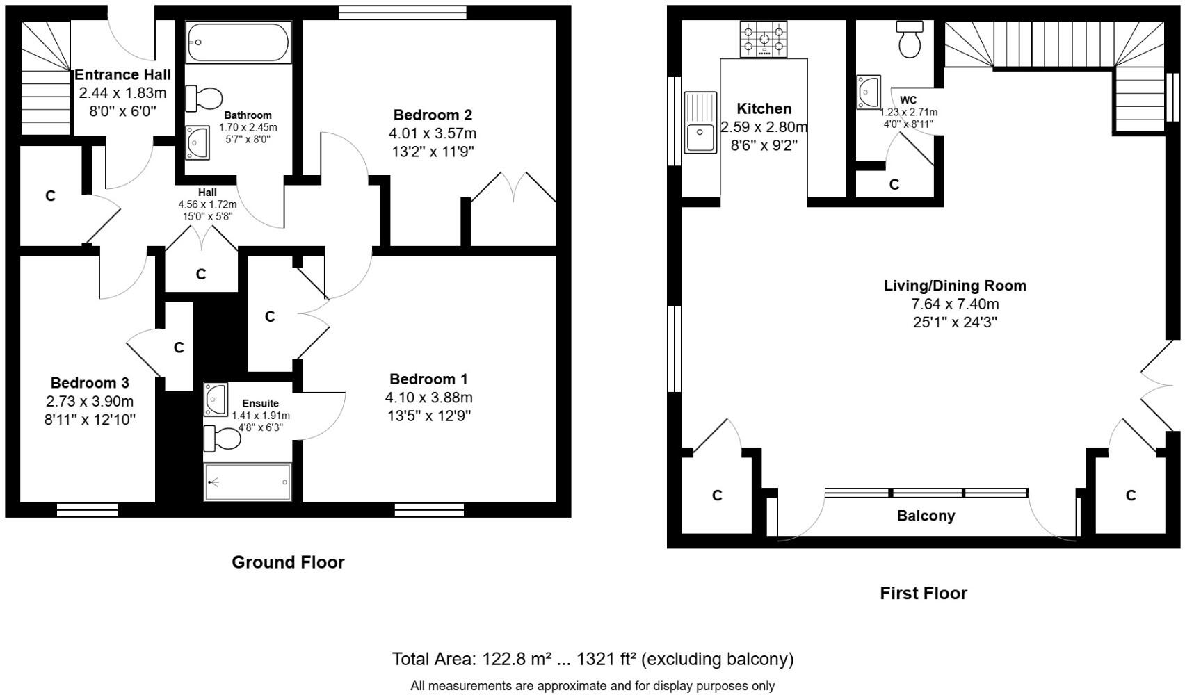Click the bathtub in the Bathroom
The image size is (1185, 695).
click(x=239, y=42)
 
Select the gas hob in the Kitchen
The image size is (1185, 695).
click(x=764, y=39)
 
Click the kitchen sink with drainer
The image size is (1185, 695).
click(x=700, y=122)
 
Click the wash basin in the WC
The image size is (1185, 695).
click(x=869, y=92)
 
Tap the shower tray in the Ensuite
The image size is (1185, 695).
click(x=248, y=482)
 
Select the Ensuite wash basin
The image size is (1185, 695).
click(x=216, y=399)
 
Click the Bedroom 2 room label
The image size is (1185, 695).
click(x=433, y=115)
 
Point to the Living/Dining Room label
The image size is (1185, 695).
click(x=955, y=286)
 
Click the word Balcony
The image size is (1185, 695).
click(x=926, y=516)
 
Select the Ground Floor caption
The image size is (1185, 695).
click(x=288, y=562)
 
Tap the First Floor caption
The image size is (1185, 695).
click(x=923, y=593)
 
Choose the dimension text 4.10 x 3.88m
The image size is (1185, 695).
click(x=428, y=398)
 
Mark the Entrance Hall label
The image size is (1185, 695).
click(x=122, y=74)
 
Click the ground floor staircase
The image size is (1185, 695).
click(x=46, y=76)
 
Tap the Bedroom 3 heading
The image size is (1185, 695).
click(x=90, y=383)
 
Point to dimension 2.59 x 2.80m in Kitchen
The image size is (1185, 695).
click(x=764, y=127)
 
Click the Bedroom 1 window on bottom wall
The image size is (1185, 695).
click(x=429, y=510)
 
